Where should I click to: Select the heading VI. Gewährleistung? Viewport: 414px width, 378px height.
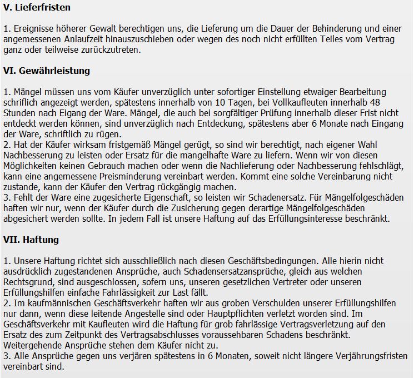(47, 71)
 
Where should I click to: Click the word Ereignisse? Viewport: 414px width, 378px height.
(32, 28)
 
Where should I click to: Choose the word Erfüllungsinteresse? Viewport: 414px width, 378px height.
(288, 218)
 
